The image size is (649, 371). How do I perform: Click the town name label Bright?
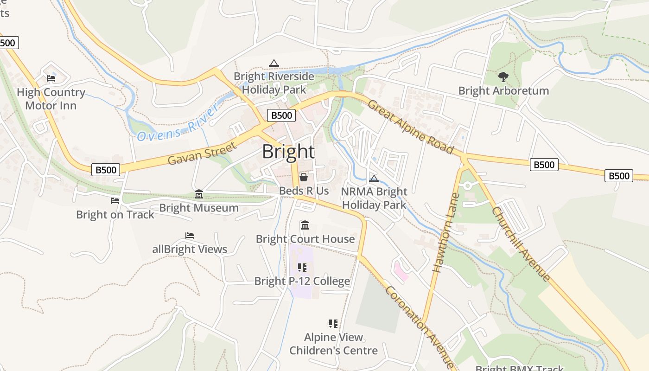[x=288, y=152]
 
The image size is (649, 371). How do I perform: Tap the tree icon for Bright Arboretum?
[x=503, y=77]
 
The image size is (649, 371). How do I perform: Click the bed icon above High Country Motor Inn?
[x=51, y=78]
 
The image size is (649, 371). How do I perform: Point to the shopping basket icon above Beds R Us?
[x=304, y=177]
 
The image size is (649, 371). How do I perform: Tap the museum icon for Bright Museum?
[x=199, y=194]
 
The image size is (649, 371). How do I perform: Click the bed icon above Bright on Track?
[x=115, y=201]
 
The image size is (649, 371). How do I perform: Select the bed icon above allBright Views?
[x=190, y=236]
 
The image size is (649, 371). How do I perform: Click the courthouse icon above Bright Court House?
[x=305, y=225]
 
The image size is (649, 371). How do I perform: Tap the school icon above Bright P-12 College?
[x=302, y=267]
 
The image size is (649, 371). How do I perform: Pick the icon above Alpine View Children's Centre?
[x=333, y=323]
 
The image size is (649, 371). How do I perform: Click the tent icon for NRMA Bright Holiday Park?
[x=374, y=179]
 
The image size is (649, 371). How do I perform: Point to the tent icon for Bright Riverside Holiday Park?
[x=274, y=63]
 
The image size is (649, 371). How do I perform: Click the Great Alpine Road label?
[x=410, y=127]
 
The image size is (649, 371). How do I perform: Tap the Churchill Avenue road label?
[x=522, y=244]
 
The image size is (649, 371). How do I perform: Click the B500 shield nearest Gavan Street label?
[x=106, y=170]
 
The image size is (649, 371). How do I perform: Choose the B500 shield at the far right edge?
[x=619, y=176]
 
